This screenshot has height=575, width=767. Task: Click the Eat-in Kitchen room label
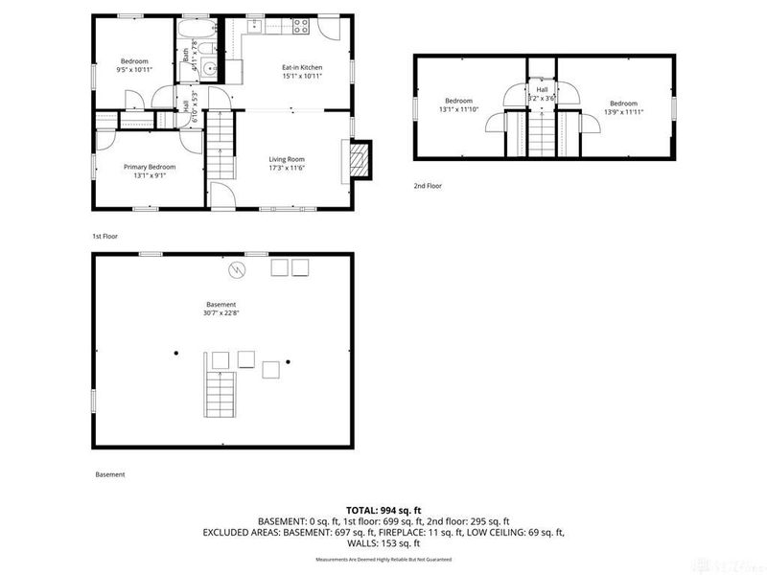(x=301, y=67)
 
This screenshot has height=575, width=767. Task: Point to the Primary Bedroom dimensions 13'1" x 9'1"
(x=149, y=175)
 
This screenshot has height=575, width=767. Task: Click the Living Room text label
(x=286, y=159)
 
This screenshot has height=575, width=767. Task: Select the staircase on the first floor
(x=222, y=144)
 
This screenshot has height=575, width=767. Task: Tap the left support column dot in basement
(x=176, y=354)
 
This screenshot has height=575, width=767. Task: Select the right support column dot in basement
(x=287, y=361)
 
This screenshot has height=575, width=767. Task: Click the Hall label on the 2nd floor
(x=542, y=90)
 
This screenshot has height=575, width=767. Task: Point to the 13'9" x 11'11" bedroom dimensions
(x=623, y=110)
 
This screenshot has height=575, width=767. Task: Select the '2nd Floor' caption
(x=428, y=186)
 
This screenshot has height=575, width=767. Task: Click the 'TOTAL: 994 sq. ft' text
(x=383, y=510)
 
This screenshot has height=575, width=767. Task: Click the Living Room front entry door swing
(x=222, y=199)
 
